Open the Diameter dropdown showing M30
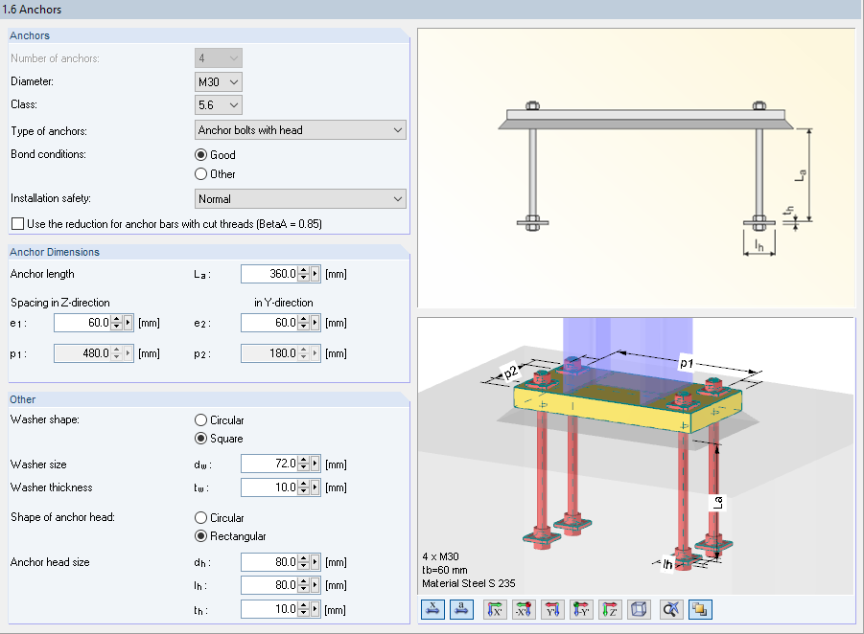tap(219, 82)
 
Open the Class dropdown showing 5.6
tap(219, 105)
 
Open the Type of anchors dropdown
tap(300, 130)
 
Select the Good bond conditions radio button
tap(201, 155)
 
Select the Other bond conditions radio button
tap(201, 174)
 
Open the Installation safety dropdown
tap(300, 199)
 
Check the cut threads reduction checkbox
tap(17, 224)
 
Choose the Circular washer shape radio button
tap(201, 420)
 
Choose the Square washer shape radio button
tap(201, 439)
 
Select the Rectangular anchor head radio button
tap(201, 536)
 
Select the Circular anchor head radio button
tap(201, 518)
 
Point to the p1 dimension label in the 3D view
tap(688, 363)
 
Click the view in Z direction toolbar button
tap(611, 608)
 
